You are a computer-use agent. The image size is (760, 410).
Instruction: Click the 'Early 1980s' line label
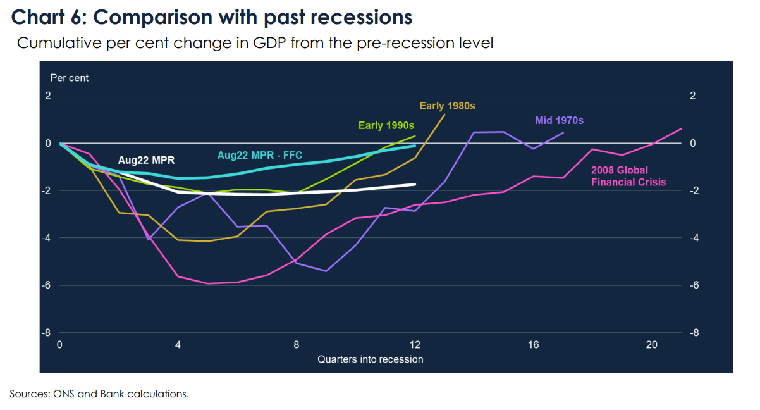(x=447, y=106)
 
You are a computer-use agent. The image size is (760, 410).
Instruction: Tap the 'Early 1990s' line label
(x=386, y=125)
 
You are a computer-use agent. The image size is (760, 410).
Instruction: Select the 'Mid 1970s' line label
(x=559, y=120)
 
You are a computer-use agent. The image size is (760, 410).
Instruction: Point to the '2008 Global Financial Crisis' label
(x=628, y=176)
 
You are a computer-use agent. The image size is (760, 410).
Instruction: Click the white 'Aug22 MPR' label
(x=146, y=160)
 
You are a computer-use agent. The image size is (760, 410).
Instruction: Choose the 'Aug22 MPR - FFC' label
(x=260, y=156)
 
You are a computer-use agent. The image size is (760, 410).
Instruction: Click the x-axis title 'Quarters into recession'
(x=370, y=359)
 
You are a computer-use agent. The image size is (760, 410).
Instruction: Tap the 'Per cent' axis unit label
(x=69, y=78)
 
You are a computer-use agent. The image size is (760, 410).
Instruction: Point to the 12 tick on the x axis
(x=415, y=345)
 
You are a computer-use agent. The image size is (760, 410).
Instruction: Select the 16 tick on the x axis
(x=534, y=345)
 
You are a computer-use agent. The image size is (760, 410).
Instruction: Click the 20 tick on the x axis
(x=652, y=345)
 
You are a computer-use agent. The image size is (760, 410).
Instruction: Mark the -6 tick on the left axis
(x=46, y=285)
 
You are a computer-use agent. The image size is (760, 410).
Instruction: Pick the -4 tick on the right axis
(x=694, y=238)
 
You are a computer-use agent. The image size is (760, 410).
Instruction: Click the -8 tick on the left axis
(x=46, y=333)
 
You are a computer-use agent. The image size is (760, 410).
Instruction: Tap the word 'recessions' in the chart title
(x=361, y=17)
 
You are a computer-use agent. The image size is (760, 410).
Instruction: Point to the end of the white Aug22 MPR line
(x=415, y=184)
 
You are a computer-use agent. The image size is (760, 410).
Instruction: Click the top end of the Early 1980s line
(x=444, y=115)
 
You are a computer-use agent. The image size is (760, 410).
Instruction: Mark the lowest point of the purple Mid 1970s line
(x=326, y=271)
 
